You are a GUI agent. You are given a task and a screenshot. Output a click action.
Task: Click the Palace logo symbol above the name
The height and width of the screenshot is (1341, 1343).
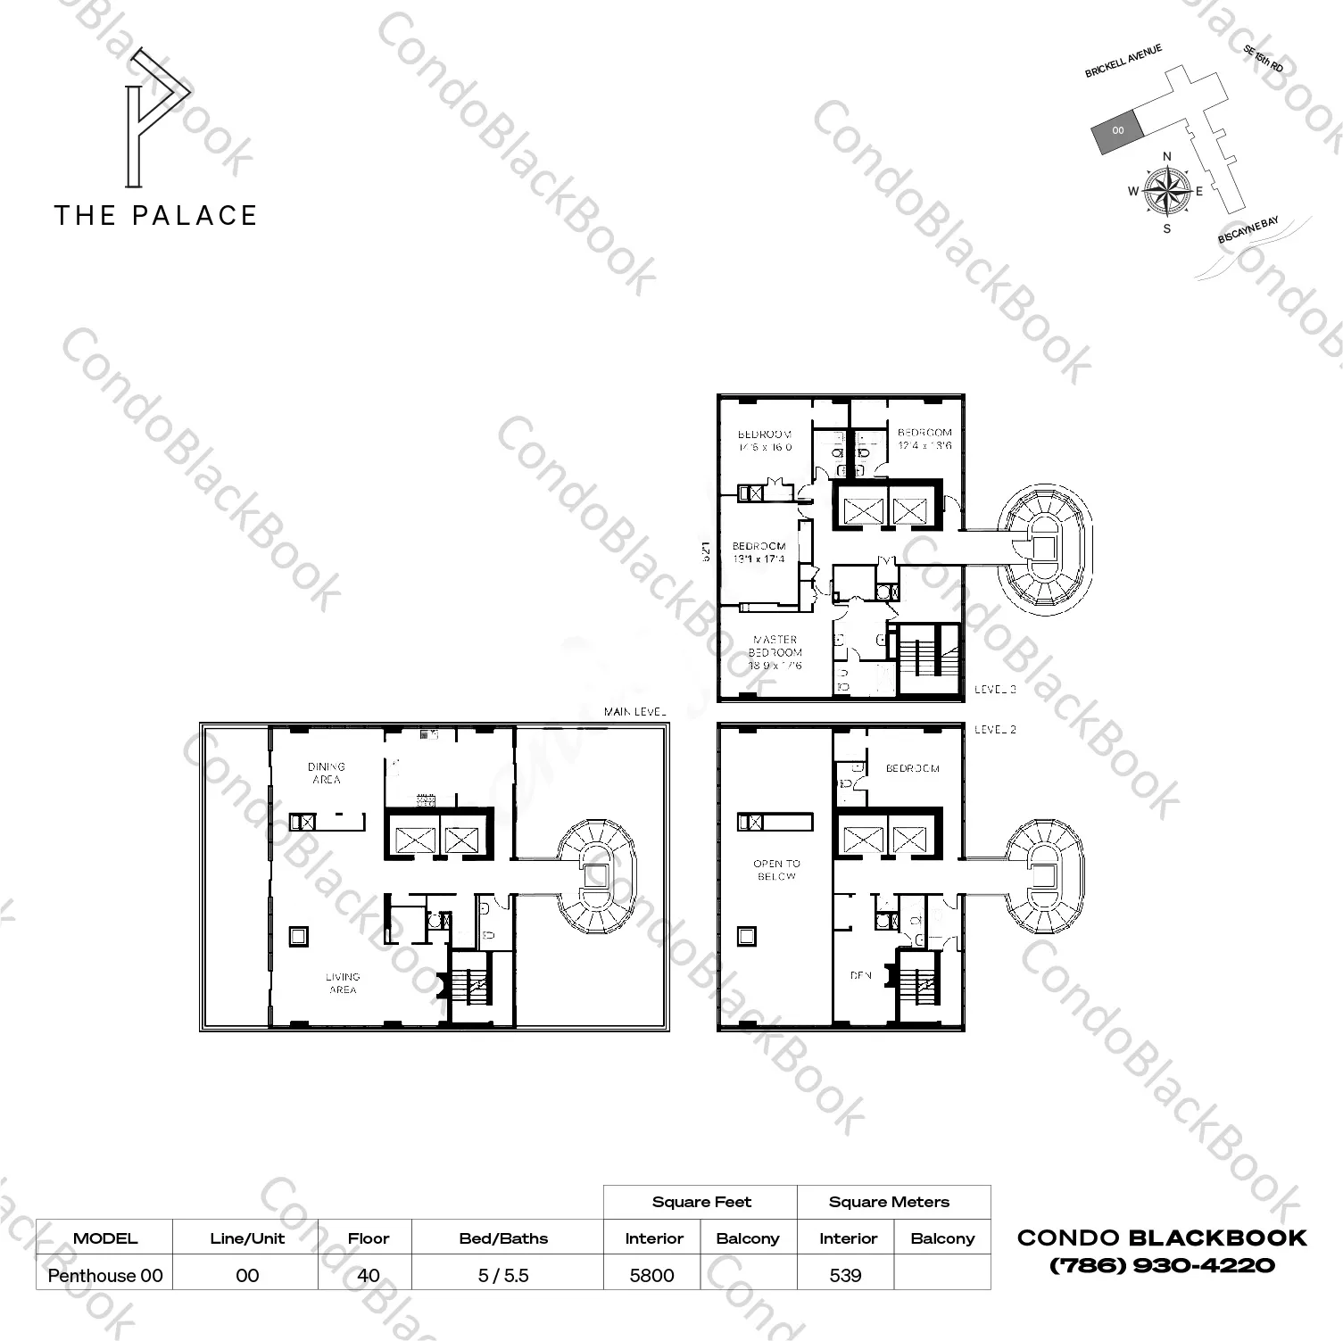pyautogui.click(x=157, y=118)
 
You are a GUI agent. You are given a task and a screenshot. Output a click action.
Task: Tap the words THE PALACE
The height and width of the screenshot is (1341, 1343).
pyautogui.click(x=156, y=215)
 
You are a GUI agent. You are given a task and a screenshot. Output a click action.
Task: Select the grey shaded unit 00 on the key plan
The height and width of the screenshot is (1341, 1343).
pyautogui.click(x=1116, y=131)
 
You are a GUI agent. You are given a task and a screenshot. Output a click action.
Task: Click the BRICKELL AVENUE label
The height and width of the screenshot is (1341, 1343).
pyautogui.click(x=1123, y=62)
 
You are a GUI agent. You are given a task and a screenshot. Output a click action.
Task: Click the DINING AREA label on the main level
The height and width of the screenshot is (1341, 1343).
pyautogui.click(x=327, y=773)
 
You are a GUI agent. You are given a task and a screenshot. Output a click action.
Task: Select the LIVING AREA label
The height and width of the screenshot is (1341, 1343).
pyautogui.click(x=343, y=983)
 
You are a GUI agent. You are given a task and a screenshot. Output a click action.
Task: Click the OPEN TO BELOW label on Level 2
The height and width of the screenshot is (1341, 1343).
pyautogui.click(x=776, y=870)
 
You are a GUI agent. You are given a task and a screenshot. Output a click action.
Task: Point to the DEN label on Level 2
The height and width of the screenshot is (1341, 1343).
pyautogui.click(x=860, y=976)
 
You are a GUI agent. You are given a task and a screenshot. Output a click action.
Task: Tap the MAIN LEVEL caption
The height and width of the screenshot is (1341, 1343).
pyautogui.click(x=635, y=712)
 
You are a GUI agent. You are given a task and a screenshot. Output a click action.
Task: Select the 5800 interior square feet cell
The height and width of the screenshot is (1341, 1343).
pyautogui.click(x=652, y=1276)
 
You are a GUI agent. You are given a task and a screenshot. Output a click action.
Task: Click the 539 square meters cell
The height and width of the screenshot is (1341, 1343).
pyautogui.click(x=845, y=1276)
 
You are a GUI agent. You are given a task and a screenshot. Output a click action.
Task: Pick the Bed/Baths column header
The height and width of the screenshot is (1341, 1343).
pyautogui.click(x=503, y=1238)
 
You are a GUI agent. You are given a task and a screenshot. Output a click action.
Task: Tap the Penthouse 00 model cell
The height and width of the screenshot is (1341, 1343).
pyautogui.click(x=105, y=1276)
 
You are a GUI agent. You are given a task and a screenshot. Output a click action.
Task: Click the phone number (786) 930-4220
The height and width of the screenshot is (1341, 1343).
pyautogui.click(x=1162, y=1265)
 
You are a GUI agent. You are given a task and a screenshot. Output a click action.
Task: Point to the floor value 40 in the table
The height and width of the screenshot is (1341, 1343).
pyautogui.click(x=368, y=1276)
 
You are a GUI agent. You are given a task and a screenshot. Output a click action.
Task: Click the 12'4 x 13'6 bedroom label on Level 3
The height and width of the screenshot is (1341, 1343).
pyautogui.click(x=924, y=439)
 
